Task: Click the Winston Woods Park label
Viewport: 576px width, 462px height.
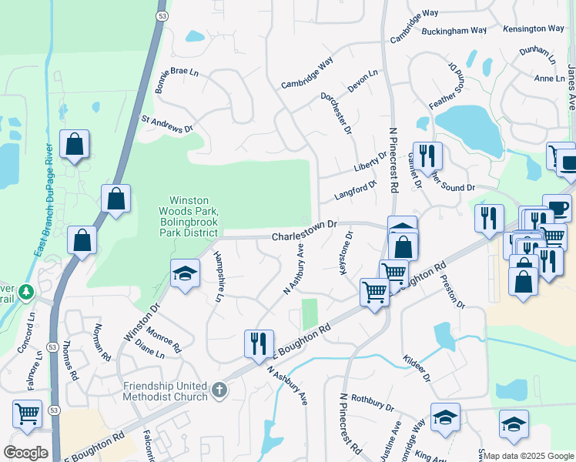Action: coord(189,212)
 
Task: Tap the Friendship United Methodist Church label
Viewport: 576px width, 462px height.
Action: coord(165,391)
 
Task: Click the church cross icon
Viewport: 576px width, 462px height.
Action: coord(219,390)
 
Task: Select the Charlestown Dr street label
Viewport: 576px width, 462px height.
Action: coord(305,231)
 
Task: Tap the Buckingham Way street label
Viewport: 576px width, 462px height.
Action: coord(454,32)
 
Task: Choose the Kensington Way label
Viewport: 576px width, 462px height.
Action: coord(534,28)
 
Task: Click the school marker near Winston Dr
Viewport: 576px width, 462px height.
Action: coord(184,275)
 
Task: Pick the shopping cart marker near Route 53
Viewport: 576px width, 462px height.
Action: coord(27,413)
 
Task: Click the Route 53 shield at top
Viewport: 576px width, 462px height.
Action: coord(161,15)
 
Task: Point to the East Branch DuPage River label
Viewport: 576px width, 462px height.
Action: coord(43,200)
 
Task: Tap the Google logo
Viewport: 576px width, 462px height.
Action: coord(25,453)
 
